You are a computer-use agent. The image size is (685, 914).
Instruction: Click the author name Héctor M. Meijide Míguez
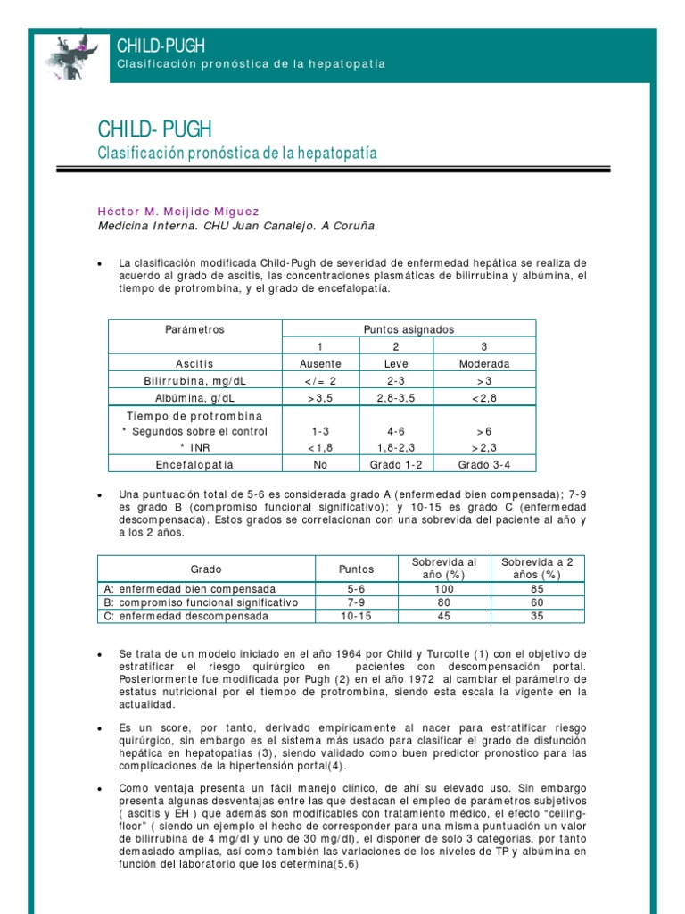coord(178,212)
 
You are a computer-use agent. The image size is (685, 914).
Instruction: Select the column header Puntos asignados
coord(409,329)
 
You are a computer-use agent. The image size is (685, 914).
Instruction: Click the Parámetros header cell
coord(194,329)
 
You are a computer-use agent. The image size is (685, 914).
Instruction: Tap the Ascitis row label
coord(194,364)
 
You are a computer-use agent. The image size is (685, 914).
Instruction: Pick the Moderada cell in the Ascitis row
coord(484,364)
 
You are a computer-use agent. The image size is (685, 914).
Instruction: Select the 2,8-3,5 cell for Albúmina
coord(396,398)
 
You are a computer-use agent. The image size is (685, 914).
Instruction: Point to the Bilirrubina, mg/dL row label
coord(194,381)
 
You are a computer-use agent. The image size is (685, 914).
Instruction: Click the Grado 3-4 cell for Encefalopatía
coord(484,464)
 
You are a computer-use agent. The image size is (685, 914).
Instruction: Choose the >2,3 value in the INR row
coord(484,447)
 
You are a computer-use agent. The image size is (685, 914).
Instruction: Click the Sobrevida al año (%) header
coord(444,569)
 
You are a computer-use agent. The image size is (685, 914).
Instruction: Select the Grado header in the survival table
coord(206,569)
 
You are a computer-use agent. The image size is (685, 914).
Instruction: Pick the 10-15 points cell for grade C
coord(357,616)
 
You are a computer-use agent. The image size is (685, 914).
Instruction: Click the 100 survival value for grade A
coord(444,589)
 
